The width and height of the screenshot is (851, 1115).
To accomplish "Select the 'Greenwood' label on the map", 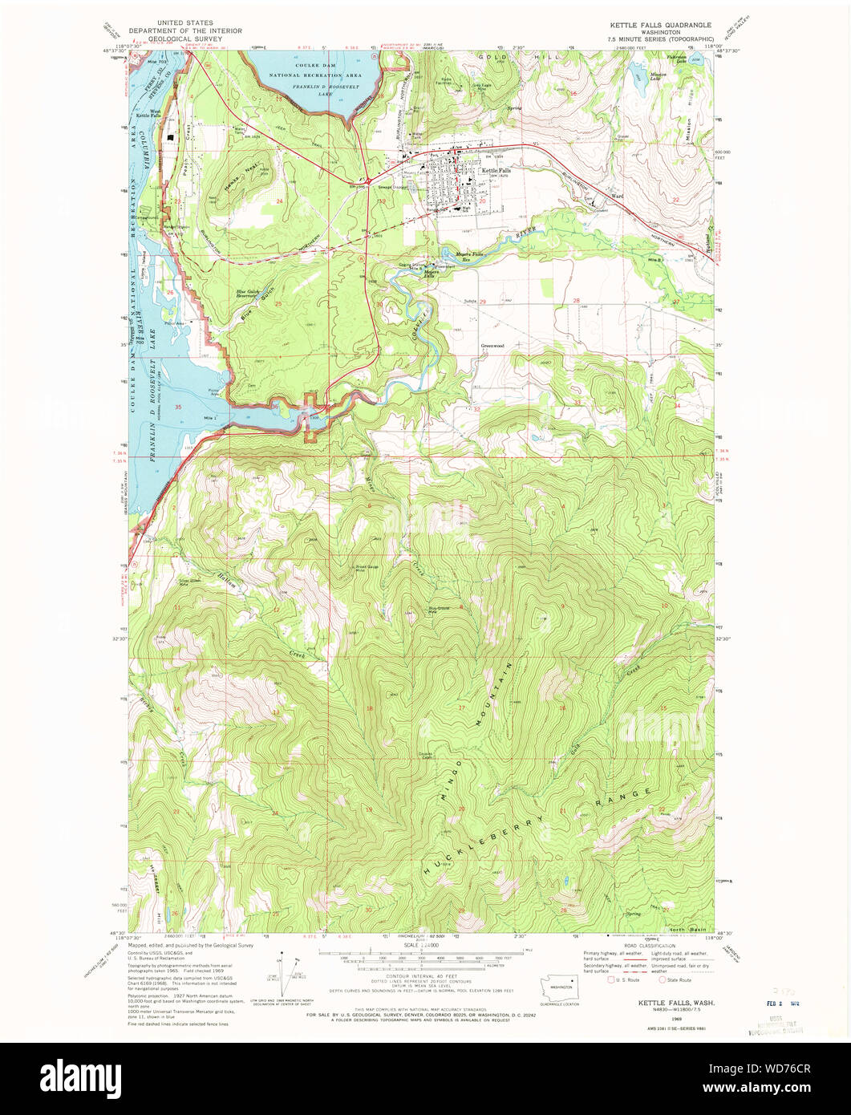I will [492, 346].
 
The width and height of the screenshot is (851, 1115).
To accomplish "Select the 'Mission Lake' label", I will [656, 79].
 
